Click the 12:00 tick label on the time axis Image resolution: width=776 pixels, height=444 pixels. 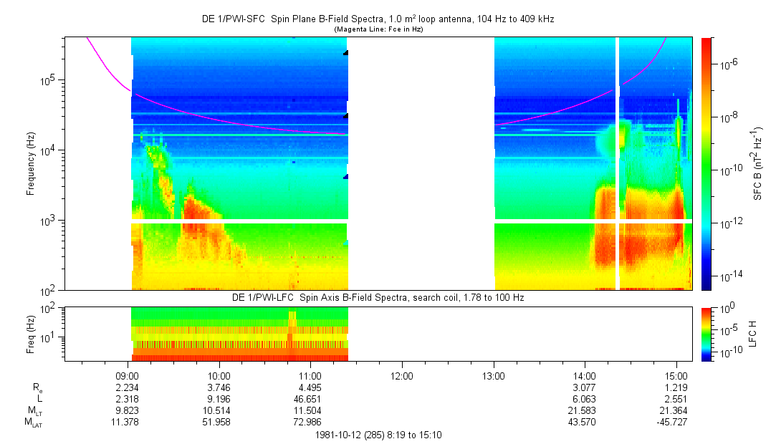coord(401,375)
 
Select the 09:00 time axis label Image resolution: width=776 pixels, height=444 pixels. coord(127,375)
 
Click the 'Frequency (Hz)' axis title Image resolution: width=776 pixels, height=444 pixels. coord(31,164)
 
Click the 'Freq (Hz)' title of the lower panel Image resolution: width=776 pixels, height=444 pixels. coord(31,333)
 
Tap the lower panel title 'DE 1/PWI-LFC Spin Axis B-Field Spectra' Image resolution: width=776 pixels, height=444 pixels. coord(378,297)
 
